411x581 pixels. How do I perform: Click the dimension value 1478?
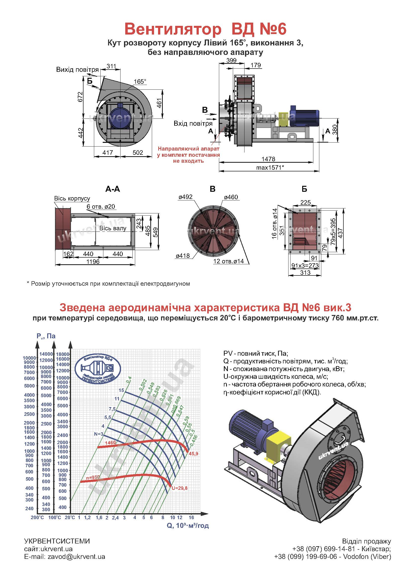pyautogui.click(x=268, y=159)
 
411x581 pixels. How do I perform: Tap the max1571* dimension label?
pyautogui.click(x=270, y=167)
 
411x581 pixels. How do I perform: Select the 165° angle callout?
pyautogui.click(x=140, y=81)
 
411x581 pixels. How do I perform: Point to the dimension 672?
pyautogui.click(x=80, y=97)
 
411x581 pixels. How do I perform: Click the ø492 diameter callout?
pyautogui.click(x=186, y=197)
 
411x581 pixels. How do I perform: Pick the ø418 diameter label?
pyautogui.click(x=183, y=256)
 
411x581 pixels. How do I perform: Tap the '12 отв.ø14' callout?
pyautogui.click(x=229, y=261)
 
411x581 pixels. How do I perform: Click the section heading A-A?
pyautogui.click(x=113, y=189)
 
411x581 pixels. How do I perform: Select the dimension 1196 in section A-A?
pyautogui.click(x=93, y=262)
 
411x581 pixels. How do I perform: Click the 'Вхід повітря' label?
pyautogui.click(x=193, y=123)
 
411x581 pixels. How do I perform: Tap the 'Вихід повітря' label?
pyautogui.click(x=78, y=70)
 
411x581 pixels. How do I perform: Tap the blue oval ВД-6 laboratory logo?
pyautogui.click(x=98, y=368)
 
